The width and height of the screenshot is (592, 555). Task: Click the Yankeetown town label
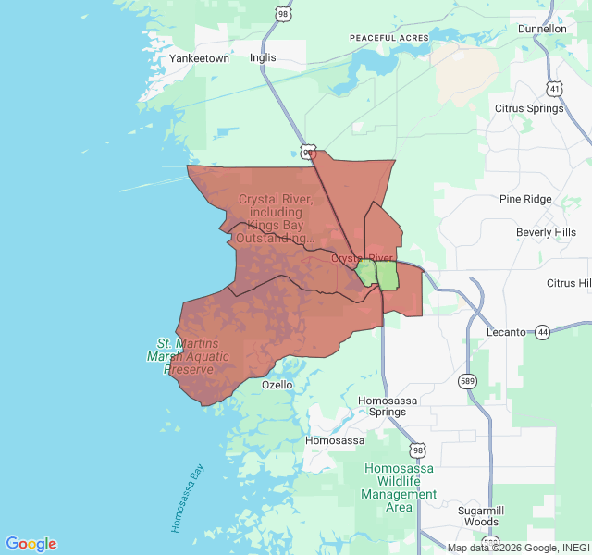[199, 58]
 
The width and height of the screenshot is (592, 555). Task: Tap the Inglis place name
[263, 57]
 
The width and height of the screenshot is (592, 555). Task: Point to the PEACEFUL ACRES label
[389, 38]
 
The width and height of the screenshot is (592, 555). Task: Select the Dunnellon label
[542, 29]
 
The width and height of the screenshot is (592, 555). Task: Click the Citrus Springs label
[529, 108]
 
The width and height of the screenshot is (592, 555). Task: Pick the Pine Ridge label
[525, 199]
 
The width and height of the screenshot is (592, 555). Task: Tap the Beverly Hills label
[546, 232]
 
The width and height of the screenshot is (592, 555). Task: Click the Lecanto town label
[507, 332]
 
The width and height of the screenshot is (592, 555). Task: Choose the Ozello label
[277, 385]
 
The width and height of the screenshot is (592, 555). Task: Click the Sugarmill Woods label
[481, 516]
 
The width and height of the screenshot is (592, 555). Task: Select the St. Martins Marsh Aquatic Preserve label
[183, 356]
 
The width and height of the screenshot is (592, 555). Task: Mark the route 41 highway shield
[554, 89]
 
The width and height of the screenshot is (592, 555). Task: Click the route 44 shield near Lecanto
[542, 331]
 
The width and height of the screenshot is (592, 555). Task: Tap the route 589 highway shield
[469, 380]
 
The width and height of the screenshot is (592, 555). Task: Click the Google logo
[31, 544]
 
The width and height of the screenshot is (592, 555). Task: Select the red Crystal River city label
[362, 258]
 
